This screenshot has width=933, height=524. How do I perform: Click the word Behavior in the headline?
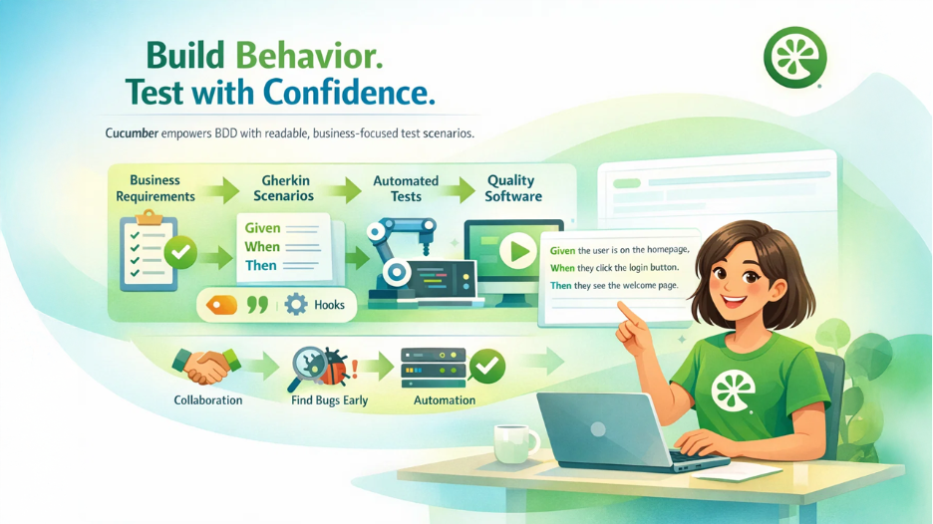click(309, 56)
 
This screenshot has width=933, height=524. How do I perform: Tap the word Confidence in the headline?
click(348, 93)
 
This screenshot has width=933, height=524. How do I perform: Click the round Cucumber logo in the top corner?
click(795, 57)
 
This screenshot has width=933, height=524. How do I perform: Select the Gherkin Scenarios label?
click(284, 188)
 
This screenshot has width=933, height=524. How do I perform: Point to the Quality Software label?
click(513, 188)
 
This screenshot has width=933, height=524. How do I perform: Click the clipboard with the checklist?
click(149, 252)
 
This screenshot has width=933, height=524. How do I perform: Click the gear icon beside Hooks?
click(296, 305)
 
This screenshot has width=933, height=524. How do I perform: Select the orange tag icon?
click(221, 305)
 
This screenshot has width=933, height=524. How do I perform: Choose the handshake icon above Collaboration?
click(206, 366)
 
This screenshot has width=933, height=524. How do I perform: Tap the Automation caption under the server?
click(445, 400)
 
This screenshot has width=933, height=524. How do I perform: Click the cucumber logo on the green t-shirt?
click(733, 391)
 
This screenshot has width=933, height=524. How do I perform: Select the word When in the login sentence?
click(562, 268)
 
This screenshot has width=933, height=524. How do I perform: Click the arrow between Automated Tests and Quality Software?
click(459, 189)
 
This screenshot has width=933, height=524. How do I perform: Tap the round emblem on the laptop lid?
click(598, 428)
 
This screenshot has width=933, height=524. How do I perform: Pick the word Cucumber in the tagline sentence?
click(132, 133)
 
